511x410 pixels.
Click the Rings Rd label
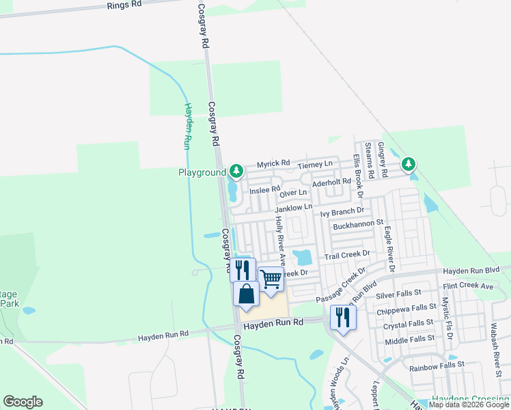point(124,4)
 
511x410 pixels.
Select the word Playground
point(202,172)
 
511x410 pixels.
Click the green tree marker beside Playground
point(236,169)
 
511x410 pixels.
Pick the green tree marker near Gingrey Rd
point(408,164)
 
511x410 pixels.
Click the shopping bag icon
point(246,295)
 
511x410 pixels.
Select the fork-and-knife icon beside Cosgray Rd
point(243,269)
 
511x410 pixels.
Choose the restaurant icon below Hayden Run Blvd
point(343,317)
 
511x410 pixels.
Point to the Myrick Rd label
point(273,165)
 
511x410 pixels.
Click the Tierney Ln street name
point(315,164)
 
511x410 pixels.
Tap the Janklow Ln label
point(294,207)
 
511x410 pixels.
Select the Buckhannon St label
point(358,223)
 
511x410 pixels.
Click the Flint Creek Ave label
point(468,286)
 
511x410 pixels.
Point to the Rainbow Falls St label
point(437,367)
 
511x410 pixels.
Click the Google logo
point(23,402)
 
